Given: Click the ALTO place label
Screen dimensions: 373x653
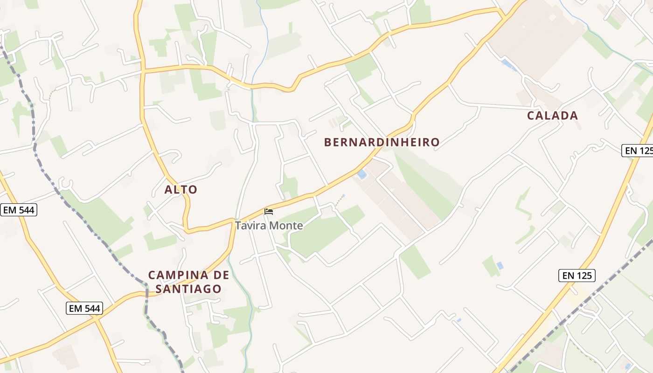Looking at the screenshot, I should tap(181, 190).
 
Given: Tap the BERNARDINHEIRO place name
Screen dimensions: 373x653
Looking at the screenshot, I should tap(382, 142).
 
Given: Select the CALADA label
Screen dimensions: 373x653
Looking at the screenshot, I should tap(553, 116).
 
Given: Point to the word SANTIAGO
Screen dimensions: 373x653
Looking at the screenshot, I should tap(188, 289).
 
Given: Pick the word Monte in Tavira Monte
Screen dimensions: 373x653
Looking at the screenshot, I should tap(286, 226).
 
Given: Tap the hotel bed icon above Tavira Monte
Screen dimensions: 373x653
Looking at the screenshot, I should tap(269, 212).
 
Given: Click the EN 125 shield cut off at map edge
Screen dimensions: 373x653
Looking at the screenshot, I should tap(638, 151).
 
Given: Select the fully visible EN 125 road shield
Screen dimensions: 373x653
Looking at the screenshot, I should tap(577, 276).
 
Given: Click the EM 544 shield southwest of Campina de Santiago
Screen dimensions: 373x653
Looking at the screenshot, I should tap(84, 308).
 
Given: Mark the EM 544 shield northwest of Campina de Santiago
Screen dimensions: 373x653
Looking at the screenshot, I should tap(19, 210).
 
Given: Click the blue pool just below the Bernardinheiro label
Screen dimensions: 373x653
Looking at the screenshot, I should tap(361, 174).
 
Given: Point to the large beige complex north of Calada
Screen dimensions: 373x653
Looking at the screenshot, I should tap(536, 37).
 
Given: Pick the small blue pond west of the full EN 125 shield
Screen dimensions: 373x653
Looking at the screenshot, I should tap(500, 265).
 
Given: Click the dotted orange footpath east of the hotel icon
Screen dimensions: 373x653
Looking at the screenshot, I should tap(339, 201).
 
